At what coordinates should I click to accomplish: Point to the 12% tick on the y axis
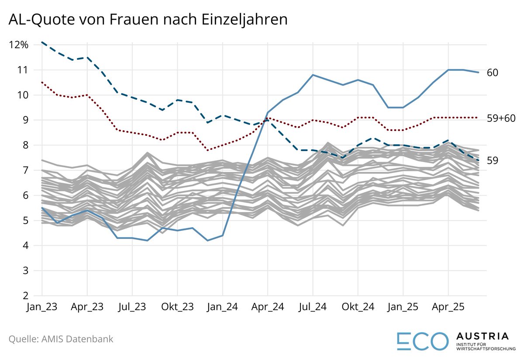(18, 45)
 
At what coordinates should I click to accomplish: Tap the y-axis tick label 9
(25, 120)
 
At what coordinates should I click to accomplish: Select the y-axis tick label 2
(25, 296)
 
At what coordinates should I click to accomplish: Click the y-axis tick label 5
(25, 221)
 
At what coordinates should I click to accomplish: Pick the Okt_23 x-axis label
(177, 307)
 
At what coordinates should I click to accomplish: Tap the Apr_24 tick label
(268, 307)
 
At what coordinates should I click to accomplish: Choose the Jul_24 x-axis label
(313, 307)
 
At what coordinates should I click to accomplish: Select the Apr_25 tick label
(448, 307)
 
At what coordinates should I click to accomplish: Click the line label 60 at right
(493, 73)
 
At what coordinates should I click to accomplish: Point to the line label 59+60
(500, 118)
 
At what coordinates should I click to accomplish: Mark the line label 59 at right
(493, 161)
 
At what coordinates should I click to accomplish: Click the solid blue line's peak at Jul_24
(313, 75)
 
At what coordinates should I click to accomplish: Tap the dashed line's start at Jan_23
(42, 42)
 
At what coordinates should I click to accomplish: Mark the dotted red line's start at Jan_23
(42, 82)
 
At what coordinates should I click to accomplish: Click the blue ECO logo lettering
(423, 341)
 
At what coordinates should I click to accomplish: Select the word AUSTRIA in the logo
(482, 336)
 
